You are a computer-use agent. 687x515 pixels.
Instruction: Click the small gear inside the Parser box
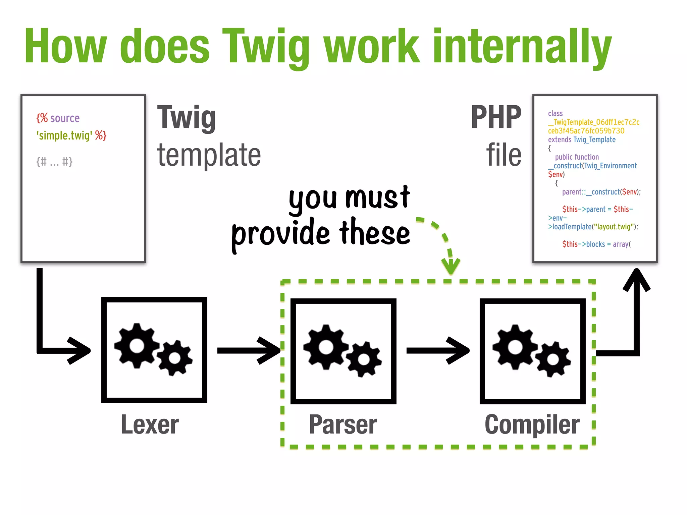(x=364, y=359)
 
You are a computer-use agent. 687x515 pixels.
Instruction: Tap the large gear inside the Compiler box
(x=515, y=347)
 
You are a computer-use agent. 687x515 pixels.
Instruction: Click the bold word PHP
(x=496, y=117)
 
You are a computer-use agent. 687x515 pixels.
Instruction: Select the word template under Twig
(x=209, y=155)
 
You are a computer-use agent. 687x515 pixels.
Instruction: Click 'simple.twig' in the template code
(x=64, y=135)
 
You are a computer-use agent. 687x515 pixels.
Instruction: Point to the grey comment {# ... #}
(x=54, y=162)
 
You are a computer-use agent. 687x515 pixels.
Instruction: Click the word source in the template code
(x=65, y=118)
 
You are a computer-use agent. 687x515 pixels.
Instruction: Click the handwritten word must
(x=377, y=198)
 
